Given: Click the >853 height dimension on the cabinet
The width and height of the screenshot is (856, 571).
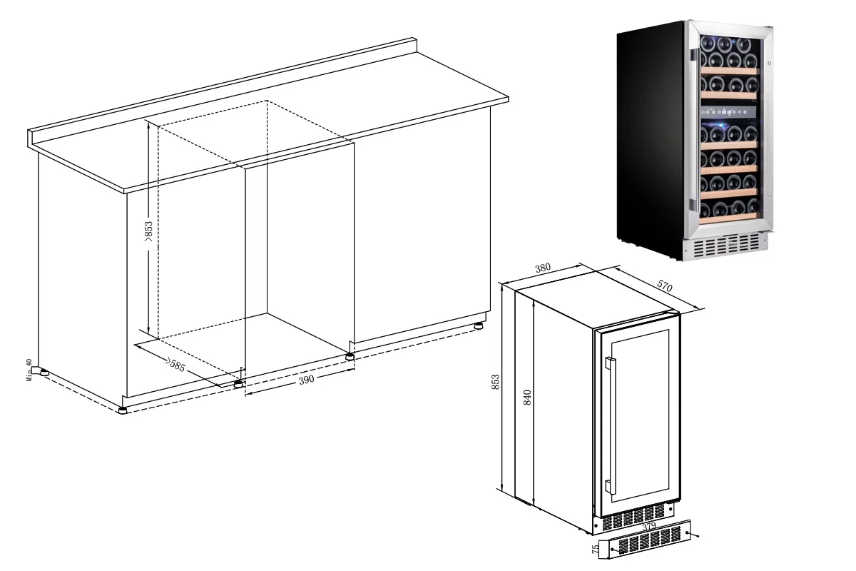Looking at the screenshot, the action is click(x=148, y=231).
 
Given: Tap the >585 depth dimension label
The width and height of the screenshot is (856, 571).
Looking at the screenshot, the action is click(x=175, y=365).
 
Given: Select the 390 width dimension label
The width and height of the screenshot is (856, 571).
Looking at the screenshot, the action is click(x=307, y=380).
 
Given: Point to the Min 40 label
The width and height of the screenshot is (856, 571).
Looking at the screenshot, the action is click(x=29, y=370).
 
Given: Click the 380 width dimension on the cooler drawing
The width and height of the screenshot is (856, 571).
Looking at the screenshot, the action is click(x=543, y=268).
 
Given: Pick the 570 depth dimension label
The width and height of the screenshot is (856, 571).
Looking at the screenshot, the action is click(x=665, y=285).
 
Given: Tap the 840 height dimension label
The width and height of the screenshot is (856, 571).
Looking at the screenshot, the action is click(x=527, y=398).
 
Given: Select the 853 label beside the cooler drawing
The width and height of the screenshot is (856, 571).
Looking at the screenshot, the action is click(x=495, y=382).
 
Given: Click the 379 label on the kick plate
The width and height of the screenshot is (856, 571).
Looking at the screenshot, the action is click(x=649, y=526).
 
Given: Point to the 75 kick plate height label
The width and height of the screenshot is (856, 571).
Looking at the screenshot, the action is click(x=596, y=549).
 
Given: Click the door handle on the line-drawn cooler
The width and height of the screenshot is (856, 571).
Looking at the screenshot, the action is click(x=611, y=425).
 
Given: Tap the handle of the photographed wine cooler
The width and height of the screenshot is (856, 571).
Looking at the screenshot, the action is click(x=694, y=130).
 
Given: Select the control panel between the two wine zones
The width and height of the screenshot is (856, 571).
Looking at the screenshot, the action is click(x=728, y=112).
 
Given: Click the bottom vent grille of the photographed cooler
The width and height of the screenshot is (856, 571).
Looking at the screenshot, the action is click(x=726, y=246).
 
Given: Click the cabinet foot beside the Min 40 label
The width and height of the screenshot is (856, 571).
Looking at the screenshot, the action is click(x=44, y=372).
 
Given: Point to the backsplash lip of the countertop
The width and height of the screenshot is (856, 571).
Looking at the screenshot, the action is click(x=222, y=91).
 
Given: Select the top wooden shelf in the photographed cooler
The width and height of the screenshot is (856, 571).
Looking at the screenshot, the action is click(x=728, y=71).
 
